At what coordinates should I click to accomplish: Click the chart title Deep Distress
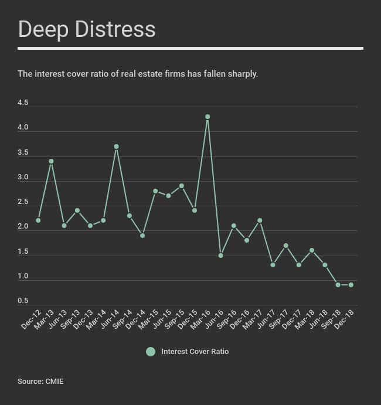click(87, 29)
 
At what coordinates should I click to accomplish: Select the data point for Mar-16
click(207, 117)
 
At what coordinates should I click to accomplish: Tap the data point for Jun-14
click(117, 147)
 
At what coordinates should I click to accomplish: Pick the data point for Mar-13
click(52, 161)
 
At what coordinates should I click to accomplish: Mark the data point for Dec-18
click(351, 285)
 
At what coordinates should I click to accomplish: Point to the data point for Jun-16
click(221, 256)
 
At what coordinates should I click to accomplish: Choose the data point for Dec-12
click(38, 220)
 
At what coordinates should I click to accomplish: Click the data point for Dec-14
click(142, 236)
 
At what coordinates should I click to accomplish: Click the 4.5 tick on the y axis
click(23, 103)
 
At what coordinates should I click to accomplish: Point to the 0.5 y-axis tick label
click(23, 301)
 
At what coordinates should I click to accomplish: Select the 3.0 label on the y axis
click(23, 177)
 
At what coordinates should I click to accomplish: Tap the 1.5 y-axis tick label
click(23, 251)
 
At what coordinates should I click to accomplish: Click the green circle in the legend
click(151, 352)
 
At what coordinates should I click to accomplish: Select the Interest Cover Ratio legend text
click(195, 352)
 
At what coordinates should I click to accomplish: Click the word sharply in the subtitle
click(243, 74)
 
